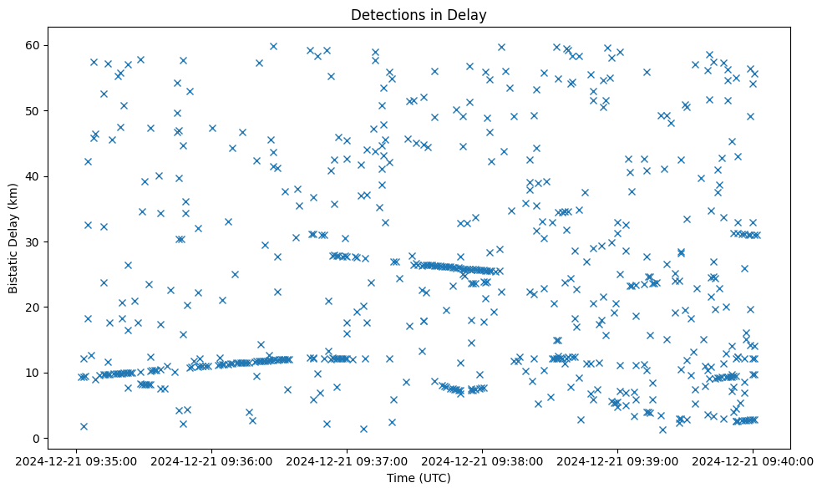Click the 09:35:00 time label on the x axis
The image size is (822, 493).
(77, 460)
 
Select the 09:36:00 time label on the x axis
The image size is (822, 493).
(211, 460)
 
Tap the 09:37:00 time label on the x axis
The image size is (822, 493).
(347, 460)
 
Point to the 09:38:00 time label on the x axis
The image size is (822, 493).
(482, 460)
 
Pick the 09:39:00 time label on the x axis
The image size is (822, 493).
(617, 460)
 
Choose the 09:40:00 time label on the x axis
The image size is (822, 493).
(752, 460)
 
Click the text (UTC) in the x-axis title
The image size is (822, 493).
(434, 478)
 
